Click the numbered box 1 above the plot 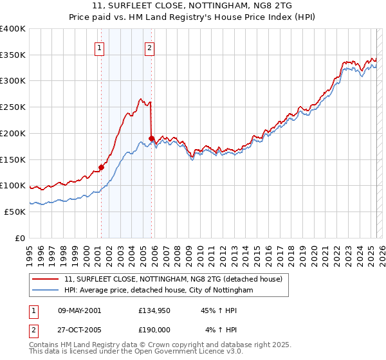(100, 46)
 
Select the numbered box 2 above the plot (150, 46)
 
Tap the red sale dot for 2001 (101, 168)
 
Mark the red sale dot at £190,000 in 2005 (151, 138)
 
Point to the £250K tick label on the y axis (12, 107)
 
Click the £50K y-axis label (15, 212)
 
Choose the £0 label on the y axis (20, 238)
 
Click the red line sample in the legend (46, 280)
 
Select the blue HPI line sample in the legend (46, 291)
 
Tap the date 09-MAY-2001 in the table (80, 310)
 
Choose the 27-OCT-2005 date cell (80, 330)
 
